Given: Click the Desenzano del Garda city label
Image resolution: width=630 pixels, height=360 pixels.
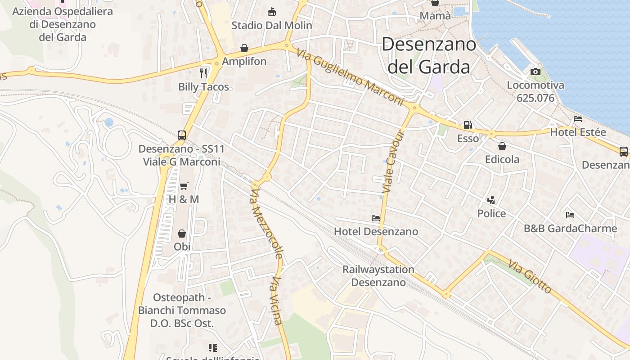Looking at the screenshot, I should (x=428, y=55).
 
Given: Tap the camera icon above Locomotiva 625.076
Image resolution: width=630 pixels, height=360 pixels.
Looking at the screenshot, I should (x=535, y=72).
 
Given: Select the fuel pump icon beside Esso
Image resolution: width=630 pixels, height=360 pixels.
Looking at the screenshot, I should (x=468, y=125).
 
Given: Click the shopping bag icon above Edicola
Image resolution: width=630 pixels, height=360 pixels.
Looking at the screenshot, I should (x=502, y=146).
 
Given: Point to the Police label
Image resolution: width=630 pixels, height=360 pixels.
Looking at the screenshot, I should (x=491, y=213).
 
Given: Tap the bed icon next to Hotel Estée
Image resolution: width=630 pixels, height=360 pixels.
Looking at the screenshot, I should (x=578, y=119).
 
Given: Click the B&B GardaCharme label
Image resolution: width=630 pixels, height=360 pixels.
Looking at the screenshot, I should (x=570, y=228).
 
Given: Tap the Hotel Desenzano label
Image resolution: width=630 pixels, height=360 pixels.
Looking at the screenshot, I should (x=376, y=232).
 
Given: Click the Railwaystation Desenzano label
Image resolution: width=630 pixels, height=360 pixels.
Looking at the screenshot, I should (x=378, y=276).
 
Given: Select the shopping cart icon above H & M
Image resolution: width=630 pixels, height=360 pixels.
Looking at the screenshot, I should (x=184, y=186).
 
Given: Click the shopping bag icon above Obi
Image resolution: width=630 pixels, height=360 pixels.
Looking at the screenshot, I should (x=182, y=234).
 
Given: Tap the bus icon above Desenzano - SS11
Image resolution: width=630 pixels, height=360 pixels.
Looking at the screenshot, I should (x=182, y=135).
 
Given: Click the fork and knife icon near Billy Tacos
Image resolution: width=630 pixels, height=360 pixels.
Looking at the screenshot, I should (x=204, y=73).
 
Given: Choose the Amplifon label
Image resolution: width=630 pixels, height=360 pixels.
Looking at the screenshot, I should (x=244, y=61).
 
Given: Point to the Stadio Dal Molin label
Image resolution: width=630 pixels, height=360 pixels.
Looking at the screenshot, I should (x=271, y=25).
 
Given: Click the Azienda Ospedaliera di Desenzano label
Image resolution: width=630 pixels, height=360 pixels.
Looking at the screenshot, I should (x=62, y=24).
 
